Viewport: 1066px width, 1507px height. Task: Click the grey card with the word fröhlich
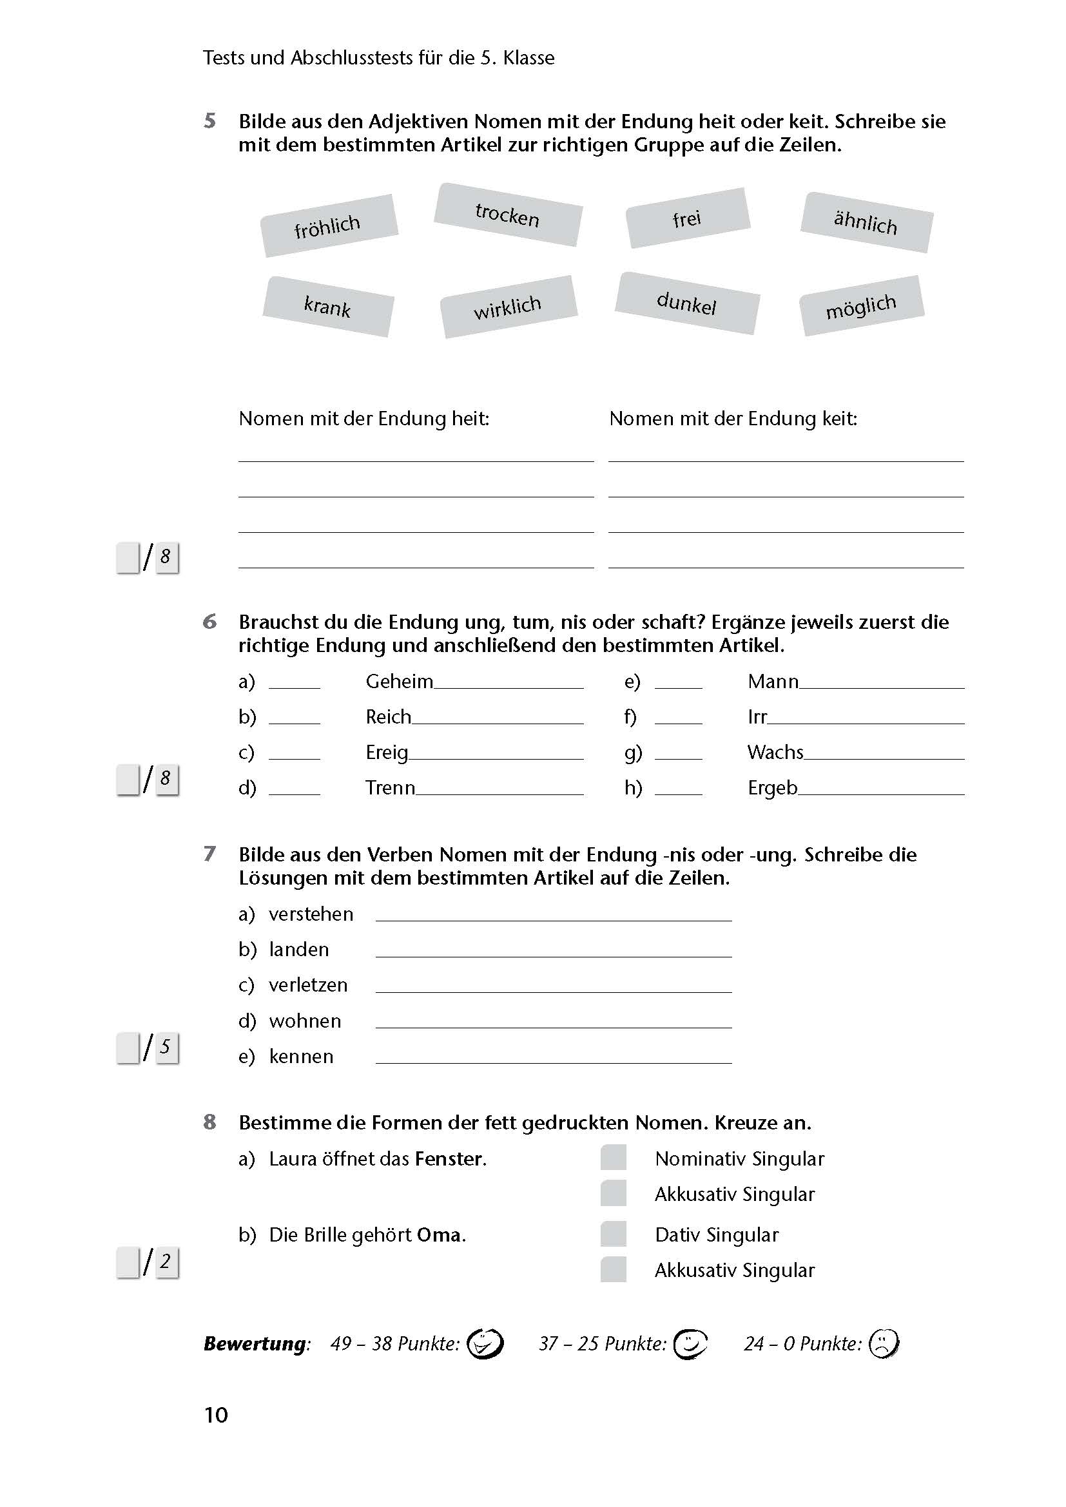coord(329,225)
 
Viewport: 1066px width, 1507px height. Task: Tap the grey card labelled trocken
coord(507,215)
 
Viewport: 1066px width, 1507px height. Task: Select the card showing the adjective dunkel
coord(686,303)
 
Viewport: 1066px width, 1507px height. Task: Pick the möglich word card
coord(861,306)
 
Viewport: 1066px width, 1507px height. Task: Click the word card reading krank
coord(327,306)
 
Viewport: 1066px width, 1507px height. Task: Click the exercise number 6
coord(209,621)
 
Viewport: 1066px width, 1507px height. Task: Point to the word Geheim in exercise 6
coord(399,681)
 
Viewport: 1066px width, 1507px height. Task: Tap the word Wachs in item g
coord(775,752)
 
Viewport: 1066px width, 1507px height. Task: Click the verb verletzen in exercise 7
coord(308,984)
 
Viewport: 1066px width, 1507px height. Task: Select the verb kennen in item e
coord(301,1056)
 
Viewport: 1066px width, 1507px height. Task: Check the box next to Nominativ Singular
coord(613,1157)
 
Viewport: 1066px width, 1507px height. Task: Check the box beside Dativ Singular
coord(613,1234)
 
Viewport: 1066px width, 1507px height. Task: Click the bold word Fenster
coord(450,1158)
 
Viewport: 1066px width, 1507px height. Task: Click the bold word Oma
coord(439,1234)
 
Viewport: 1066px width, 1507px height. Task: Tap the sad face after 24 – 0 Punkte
coord(884,1343)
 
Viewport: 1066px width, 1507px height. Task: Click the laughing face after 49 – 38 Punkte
coord(485,1343)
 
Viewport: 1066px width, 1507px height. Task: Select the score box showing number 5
coord(167,1047)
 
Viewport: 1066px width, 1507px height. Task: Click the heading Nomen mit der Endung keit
coord(733,419)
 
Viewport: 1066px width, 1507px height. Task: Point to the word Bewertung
coord(255,1343)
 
